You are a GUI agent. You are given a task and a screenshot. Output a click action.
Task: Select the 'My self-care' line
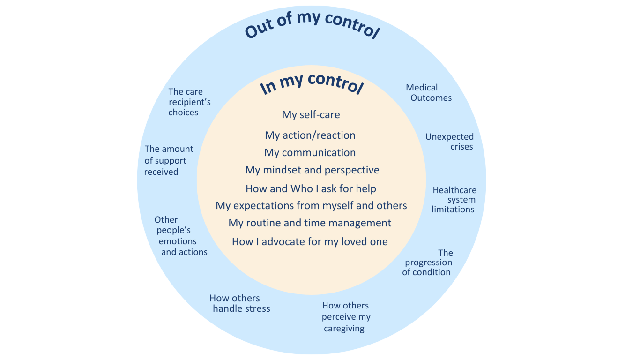tap(311, 114)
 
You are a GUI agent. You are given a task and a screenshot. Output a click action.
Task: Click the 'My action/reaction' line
tap(310, 135)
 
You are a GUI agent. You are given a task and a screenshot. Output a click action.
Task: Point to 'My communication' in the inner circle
tap(310, 152)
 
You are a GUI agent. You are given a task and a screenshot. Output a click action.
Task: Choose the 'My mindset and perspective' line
tap(312, 170)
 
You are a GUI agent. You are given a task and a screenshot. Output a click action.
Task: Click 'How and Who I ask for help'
tap(311, 188)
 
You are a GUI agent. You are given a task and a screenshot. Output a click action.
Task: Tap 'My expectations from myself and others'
tap(311, 205)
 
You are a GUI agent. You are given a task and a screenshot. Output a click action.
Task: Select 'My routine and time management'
tap(310, 223)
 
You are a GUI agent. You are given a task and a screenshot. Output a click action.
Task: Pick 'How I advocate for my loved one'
tap(310, 241)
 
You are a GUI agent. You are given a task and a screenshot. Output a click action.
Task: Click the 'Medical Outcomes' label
tap(427, 93)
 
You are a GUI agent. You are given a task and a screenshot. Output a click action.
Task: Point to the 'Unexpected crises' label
tap(450, 142)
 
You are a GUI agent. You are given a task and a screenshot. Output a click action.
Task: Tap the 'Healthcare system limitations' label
tap(454, 200)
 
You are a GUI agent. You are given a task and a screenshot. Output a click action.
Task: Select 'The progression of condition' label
tap(427, 262)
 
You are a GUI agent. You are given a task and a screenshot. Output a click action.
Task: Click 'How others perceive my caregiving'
tap(346, 317)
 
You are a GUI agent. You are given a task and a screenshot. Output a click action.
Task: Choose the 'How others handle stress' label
tap(240, 303)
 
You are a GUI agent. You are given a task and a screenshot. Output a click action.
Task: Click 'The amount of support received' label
tap(169, 160)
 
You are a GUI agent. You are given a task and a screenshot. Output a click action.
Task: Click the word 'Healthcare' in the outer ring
tap(454, 190)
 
